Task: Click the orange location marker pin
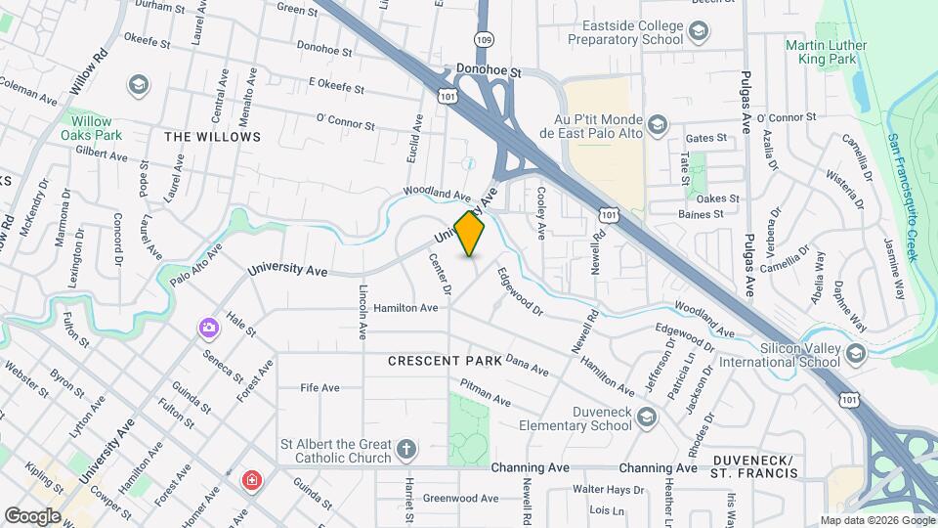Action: coord(470,234)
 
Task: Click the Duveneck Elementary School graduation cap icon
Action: coord(646,418)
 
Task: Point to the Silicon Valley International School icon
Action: coord(856,354)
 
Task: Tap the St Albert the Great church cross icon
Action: coord(406,451)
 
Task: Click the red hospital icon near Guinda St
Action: coord(252,480)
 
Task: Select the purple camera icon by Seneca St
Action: coord(208,328)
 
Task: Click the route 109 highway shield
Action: coord(484,38)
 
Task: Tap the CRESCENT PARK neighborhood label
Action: coord(445,361)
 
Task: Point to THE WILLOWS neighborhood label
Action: coord(212,137)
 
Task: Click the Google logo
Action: coord(32,515)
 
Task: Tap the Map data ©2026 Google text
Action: coord(875,520)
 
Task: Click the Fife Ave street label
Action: coord(320,388)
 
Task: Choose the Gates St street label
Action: coord(707,139)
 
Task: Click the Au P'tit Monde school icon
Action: coord(658,124)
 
